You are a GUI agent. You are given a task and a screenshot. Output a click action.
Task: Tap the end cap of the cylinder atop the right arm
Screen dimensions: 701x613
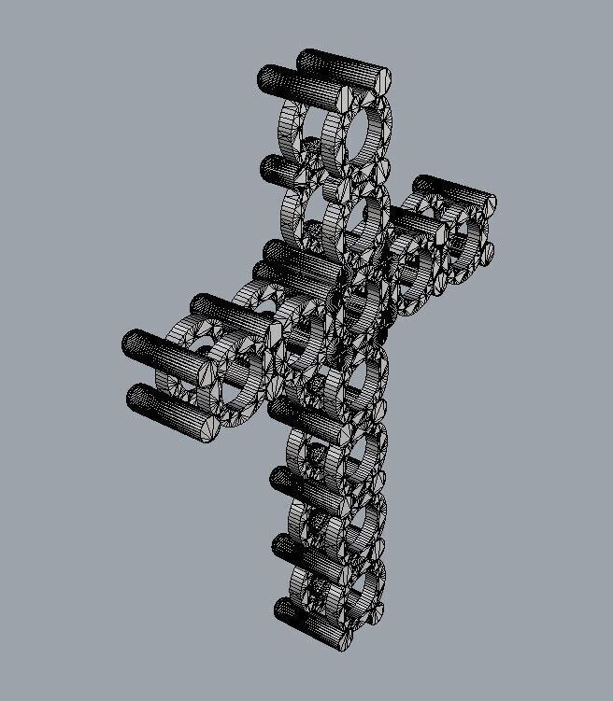[485, 205]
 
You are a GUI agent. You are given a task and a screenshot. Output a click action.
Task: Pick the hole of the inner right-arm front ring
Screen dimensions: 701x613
[412, 264]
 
